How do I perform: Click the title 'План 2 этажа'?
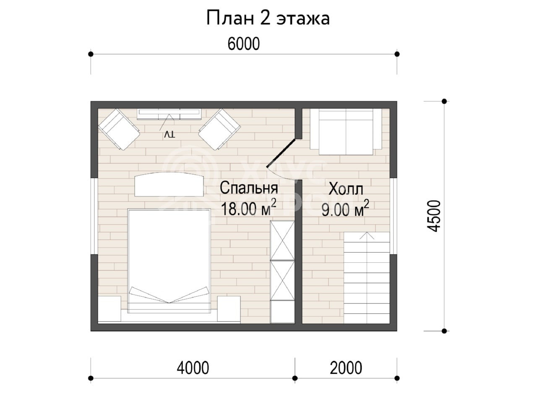pos(268,18)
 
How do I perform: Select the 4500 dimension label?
pos(433,216)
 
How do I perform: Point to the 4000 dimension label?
pos(193,368)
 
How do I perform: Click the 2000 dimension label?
pos(346,368)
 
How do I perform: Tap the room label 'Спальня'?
pos(249,188)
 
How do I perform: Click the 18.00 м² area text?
pos(248,207)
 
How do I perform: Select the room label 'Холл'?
pos(346,189)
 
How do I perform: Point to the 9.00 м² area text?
pos(345,209)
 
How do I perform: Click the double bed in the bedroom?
pos(169,261)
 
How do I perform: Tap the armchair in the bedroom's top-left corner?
pos(119,129)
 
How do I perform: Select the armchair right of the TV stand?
pos(219,129)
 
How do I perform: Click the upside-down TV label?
pos(169,134)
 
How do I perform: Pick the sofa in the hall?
pos(346,132)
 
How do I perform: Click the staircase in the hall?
pos(367,278)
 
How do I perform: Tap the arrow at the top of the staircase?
pos(367,236)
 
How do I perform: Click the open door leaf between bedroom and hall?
pos(282,153)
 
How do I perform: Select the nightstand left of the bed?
pos(109,309)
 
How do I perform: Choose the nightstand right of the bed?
pos(229,309)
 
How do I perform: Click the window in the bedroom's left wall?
pos(94,216)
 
